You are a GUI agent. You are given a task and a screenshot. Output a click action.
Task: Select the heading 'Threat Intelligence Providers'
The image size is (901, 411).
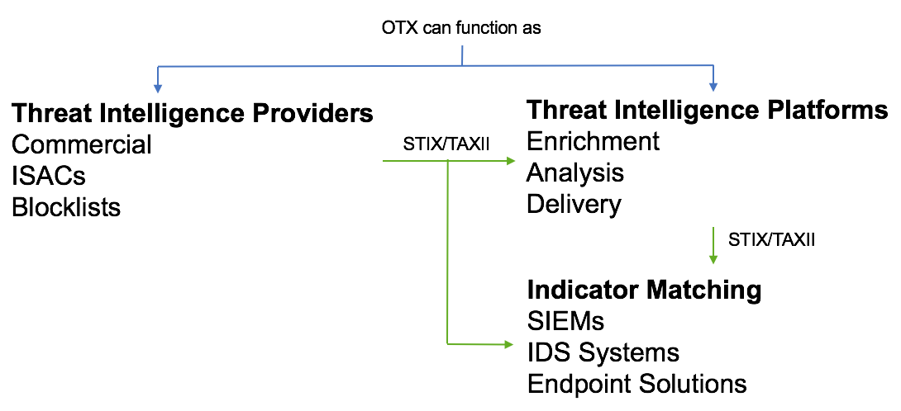tap(193, 113)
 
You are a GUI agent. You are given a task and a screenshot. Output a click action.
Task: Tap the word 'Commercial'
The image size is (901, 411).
tap(82, 144)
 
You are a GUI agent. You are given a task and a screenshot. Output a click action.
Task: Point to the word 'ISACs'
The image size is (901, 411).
tap(49, 176)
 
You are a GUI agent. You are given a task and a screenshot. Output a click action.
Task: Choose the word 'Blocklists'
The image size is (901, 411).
tap(66, 207)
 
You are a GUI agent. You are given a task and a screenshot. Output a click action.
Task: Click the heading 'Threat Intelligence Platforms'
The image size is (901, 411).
tap(708, 110)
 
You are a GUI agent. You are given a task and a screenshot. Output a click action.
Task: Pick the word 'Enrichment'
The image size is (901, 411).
tap(593, 141)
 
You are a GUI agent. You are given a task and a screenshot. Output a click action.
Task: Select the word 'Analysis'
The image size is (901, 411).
tap(574, 172)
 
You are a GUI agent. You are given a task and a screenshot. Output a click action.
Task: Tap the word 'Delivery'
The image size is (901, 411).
tap(574, 204)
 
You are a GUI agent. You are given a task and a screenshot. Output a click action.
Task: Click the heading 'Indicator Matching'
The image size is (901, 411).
tap(644, 290)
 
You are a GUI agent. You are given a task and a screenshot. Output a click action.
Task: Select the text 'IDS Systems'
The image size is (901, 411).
tap(603, 352)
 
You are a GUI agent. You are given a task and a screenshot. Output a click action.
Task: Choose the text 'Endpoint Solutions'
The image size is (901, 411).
tap(636, 384)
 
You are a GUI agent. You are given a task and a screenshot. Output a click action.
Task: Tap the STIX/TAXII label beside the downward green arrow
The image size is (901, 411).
tap(770, 240)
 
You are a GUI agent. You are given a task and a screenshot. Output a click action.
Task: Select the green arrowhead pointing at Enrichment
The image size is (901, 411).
tap(509, 162)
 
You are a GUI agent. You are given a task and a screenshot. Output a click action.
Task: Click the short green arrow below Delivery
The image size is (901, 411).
tap(713, 246)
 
